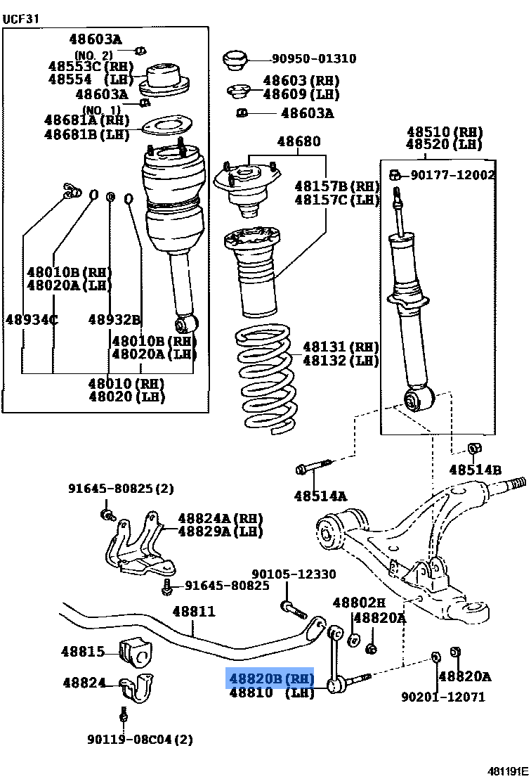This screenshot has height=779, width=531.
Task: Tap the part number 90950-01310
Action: coord(314,59)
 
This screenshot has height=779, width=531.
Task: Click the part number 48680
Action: coord(298,142)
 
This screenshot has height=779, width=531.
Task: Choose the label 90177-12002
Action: coord(452,174)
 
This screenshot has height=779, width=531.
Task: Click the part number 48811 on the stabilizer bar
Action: coord(194,612)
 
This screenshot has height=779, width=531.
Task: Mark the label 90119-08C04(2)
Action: coord(140,739)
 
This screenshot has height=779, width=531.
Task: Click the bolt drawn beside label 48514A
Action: coord(313,466)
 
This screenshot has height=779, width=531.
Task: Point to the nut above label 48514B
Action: coord(474,449)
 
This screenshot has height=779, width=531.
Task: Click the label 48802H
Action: coord(359,603)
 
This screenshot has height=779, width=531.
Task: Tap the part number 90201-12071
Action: coord(442,697)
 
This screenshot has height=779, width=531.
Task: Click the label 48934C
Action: coord(32,320)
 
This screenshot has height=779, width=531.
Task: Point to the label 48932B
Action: coord(114,320)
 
